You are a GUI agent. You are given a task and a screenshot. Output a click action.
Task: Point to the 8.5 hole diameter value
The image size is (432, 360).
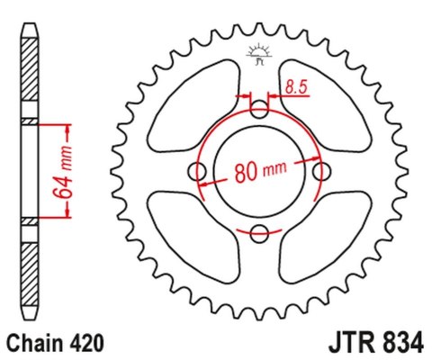click(295, 87)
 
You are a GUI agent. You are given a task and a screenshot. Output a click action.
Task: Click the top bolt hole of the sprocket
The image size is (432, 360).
click(260, 110)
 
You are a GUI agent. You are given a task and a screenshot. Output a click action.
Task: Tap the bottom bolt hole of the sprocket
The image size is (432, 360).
click(260, 234)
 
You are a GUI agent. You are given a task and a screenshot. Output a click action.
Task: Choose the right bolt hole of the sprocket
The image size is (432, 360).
click(322, 172)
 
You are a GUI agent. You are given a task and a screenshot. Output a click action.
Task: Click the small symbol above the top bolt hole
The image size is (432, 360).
click(259, 56)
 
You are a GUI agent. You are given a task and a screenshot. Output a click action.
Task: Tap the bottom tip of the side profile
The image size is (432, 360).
click(29, 321)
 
